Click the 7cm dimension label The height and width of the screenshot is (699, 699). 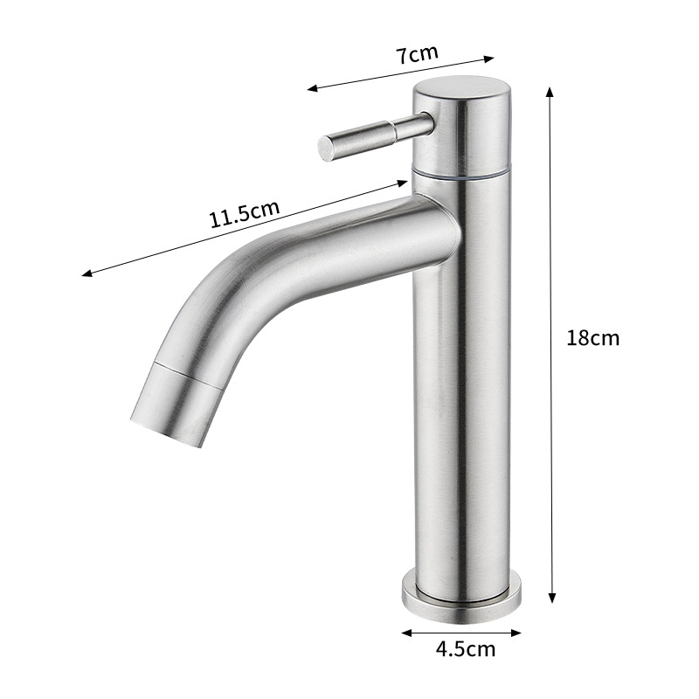(x=418, y=54)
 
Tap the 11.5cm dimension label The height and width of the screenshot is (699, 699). (x=245, y=213)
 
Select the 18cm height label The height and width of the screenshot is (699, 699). (x=593, y=338)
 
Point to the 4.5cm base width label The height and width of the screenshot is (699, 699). (x=466, y=649)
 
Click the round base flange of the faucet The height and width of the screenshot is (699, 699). (x=461, y=599)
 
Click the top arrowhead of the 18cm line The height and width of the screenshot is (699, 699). (x=550, y=92)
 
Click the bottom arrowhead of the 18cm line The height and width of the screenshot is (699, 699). (x=552, y=599)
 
